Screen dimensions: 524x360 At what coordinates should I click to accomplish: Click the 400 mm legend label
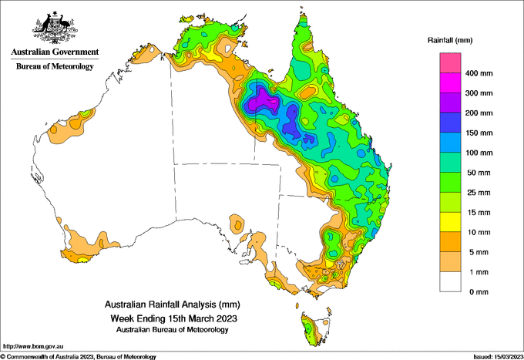479,73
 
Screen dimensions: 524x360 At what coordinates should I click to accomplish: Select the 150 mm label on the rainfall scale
479,133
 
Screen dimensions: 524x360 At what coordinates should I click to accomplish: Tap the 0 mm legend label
479,292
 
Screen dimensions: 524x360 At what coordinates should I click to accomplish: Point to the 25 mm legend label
479,193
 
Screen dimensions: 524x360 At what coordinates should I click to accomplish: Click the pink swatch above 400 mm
450,63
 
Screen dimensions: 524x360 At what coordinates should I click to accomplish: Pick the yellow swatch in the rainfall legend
450,222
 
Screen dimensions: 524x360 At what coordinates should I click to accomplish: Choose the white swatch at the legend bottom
450,282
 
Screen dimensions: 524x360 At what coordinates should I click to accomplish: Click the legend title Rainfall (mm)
450,40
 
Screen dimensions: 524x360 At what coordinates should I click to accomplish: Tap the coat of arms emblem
55,28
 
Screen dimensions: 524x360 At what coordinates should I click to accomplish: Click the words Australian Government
55,52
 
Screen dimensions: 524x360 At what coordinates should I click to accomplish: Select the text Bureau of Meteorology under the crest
55,66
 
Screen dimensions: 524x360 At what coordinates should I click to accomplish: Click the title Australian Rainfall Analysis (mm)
172,304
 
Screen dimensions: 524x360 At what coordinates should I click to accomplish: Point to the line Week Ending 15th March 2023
174,318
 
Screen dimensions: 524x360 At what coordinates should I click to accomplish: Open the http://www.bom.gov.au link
33,346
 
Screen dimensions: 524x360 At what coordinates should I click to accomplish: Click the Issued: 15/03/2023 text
498,357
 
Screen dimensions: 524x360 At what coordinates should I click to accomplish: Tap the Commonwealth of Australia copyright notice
79,357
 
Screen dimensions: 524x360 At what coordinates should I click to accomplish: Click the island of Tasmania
314,330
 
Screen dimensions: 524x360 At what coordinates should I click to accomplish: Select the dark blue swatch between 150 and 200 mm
450,123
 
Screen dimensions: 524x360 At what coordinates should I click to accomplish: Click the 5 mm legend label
479,252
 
